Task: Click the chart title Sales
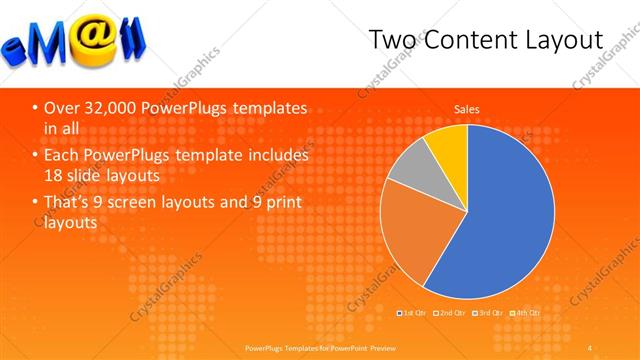(x=467, y=108)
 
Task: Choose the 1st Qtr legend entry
(x=415, y=313)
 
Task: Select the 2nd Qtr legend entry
(x=450, y=313)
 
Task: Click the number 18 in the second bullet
(x=55, y=176)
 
